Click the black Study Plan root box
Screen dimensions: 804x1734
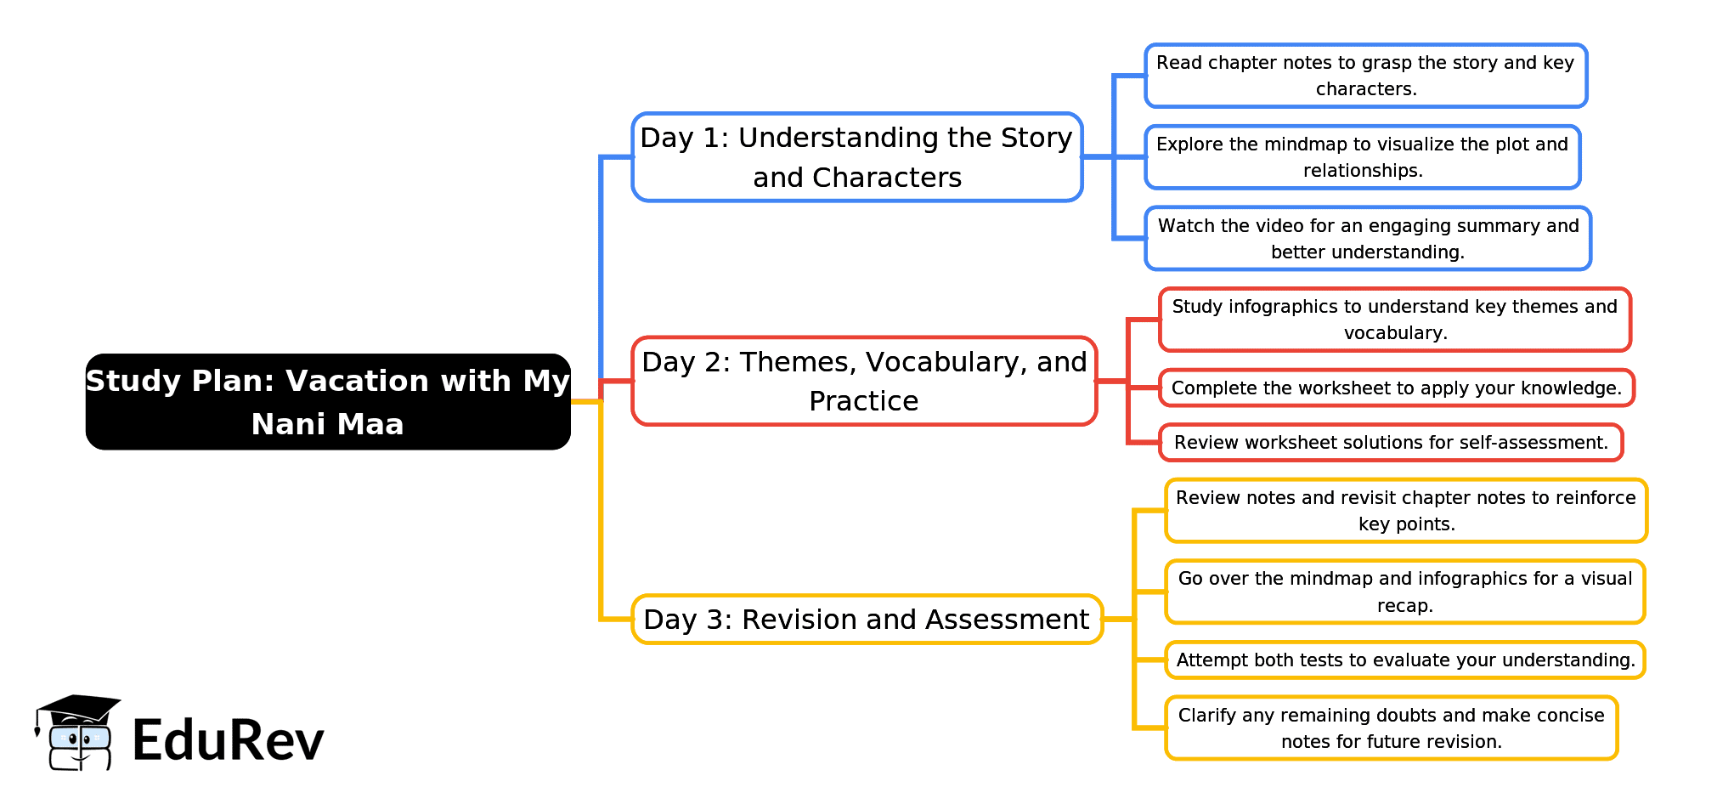[328, 401]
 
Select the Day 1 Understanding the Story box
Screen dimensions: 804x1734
[856, 157]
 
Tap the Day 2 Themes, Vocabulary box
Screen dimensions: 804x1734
[864, 381]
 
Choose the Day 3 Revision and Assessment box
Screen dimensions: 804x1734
[867, 620]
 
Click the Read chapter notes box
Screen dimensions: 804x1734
[1365, 76]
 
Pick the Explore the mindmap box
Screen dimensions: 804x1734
[1362, 157]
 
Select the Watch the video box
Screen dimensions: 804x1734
[1367, 239]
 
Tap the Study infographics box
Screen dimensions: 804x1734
[1394, 320]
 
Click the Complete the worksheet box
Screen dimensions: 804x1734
[1396, 388]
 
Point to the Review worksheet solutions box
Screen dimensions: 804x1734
[1391, 443]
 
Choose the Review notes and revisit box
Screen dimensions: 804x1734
[1405, 511]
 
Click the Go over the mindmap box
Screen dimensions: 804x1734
[1404, 592]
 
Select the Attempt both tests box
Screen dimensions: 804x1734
[1405, 660]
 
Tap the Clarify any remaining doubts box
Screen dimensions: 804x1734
[1391, 728]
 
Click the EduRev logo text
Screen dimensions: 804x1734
[228, 740]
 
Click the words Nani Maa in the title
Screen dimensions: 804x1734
[327, 424]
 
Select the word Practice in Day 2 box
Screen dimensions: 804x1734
[863, 401]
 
